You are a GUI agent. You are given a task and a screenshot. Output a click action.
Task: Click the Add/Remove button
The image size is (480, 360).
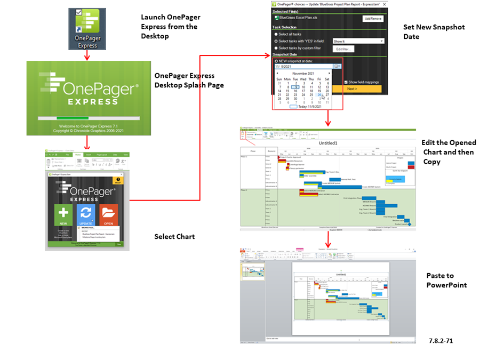(x=372, y=19)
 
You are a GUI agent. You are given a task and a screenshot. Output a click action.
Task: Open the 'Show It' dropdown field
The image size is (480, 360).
(x=358, y=41)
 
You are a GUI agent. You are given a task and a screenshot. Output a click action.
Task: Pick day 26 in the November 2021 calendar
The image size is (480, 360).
(x=319, y=95)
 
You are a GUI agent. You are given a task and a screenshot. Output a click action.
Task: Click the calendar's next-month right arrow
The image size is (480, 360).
(x=329, y=73)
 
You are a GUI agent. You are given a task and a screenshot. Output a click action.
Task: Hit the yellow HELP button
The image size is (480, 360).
(x=117, y=181)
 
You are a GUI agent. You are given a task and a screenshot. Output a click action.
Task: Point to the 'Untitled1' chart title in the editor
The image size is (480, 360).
(x=329, y=143)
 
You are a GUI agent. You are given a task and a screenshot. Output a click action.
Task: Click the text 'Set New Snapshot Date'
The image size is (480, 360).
(x=434, y=31)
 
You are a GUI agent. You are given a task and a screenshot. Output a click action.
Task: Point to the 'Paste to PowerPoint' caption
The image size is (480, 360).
(x=446, y=280)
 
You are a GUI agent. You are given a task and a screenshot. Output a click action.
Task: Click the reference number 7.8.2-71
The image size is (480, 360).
(x=441, y=339)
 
